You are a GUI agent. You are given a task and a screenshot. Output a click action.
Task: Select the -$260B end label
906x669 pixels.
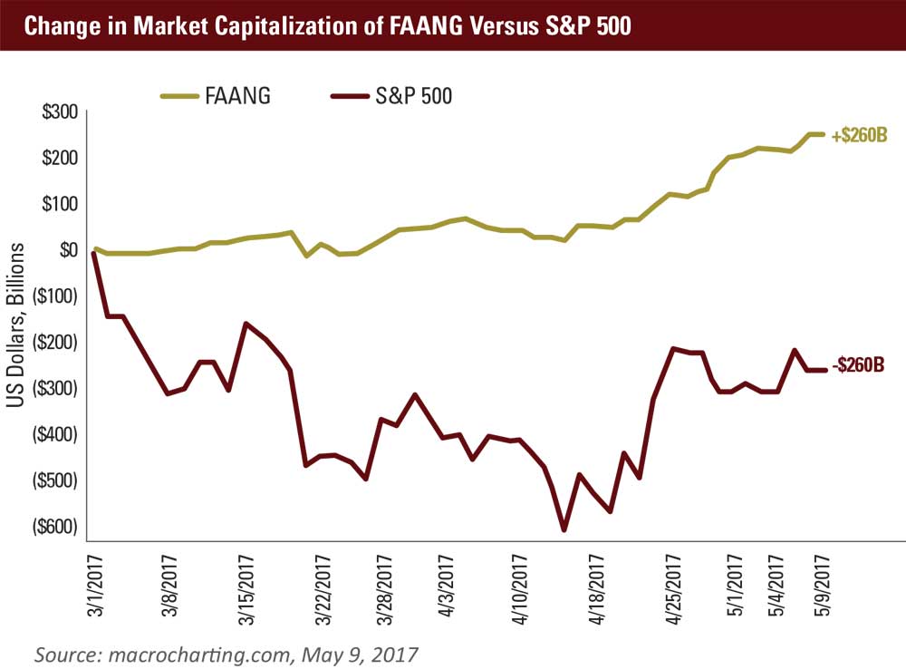pyautogui.click(x=856, y=366)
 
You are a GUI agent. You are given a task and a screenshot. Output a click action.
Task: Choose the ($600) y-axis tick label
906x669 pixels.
pyautogui.click(x=54, y=527)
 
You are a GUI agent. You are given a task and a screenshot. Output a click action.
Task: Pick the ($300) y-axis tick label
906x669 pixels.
pyautogui.click(x=54, y=388)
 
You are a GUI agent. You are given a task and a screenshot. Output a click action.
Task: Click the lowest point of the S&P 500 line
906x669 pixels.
pyautogui.click(x=564, y=530)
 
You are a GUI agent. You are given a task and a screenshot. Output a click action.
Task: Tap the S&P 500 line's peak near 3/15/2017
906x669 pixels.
pyautogui.click(x=246, y=323)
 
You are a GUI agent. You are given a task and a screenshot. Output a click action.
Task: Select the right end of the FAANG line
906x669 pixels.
pyautogui.click(x=823, y=134)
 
